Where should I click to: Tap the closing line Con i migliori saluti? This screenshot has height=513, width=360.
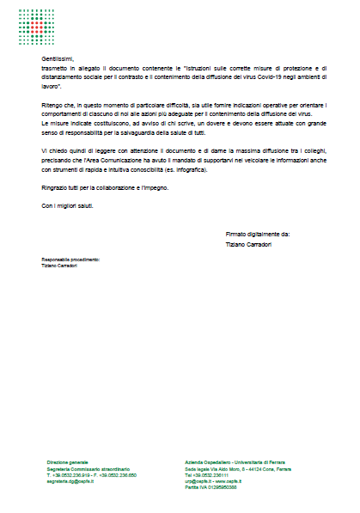pyautogui.click(x=68, y=207)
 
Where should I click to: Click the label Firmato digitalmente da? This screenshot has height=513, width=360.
pyautogui.click(x=258, y=233)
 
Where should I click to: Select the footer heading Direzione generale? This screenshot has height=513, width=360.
pyautogui.click(x=67, y=461)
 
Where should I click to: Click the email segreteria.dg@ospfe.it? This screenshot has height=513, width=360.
pyautogui.click(x=70, y=481)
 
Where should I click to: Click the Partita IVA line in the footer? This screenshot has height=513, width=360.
pyautogui.click(x=210, y=487)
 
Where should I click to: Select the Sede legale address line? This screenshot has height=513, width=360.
pyautogui.click(x=242, y=468)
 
